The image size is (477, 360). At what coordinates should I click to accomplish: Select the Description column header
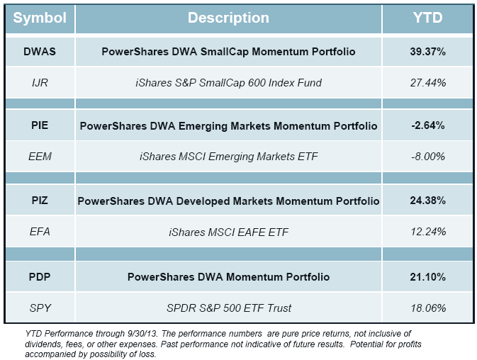pos(228,18)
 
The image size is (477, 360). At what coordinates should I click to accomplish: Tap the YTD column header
pos(427,18)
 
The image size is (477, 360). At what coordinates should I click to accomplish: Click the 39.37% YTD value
pos(427,52)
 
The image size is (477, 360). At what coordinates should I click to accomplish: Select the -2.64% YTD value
pos(427,126)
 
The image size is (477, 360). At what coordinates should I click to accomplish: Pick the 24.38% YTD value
pos(427,201)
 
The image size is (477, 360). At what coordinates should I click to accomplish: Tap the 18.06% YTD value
pos(427,308)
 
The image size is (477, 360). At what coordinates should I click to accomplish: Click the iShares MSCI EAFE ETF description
pos(228,232)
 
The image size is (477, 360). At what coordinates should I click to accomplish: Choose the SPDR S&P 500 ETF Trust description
pos(228,308)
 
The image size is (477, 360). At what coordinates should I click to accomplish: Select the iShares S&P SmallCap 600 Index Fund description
pos(228,83)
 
